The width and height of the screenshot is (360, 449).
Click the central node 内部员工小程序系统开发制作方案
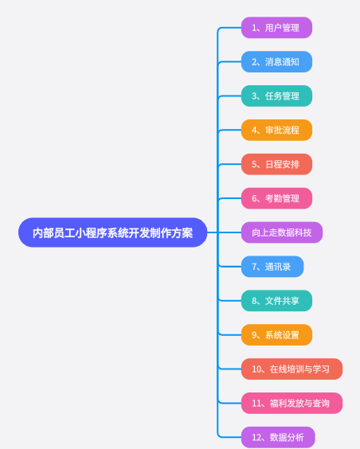112,232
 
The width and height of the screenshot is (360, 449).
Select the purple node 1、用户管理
276,28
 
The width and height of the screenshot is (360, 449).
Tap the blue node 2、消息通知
276,62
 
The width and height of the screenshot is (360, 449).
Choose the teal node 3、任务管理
276,96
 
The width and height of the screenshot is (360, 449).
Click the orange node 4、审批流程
276,130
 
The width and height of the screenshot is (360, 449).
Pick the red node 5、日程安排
276,164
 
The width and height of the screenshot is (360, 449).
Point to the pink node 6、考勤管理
276,198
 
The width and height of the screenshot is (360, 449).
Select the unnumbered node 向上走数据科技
282,232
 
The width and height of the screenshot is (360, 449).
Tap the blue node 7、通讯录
272,267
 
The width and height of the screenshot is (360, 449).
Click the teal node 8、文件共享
276,301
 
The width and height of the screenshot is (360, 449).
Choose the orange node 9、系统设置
276,334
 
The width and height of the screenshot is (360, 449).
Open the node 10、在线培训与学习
292,369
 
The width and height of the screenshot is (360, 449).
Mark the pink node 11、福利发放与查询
292,403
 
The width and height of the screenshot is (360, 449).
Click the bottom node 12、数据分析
278,437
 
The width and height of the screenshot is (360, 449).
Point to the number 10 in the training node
256,369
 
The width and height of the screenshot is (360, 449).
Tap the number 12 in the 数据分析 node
256,438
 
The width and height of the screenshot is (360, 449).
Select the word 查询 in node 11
321,403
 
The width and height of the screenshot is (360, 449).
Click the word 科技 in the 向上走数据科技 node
303,232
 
